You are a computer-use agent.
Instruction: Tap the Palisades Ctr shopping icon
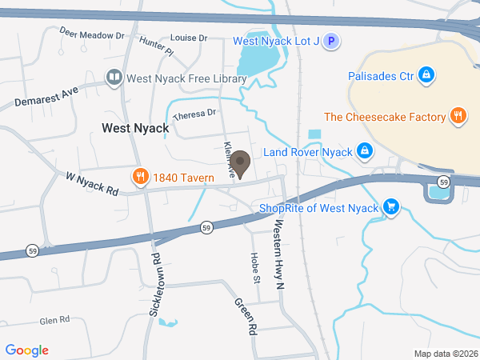tap(427, 77)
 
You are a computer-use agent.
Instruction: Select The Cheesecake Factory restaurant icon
tap(458, 117)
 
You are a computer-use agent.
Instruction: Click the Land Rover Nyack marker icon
tap(364, 151)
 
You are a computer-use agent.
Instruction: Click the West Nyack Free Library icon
tap(114, 78)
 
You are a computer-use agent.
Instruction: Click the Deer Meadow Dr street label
tap(93, 34)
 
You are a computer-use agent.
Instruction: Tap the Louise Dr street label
tap(189, 38)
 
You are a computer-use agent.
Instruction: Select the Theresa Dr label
tap(195, 114)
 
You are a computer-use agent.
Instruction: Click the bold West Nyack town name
tap(135, 128)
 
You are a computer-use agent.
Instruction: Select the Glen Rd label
tap(55, 320)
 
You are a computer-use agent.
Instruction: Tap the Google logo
tap(27, 350)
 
